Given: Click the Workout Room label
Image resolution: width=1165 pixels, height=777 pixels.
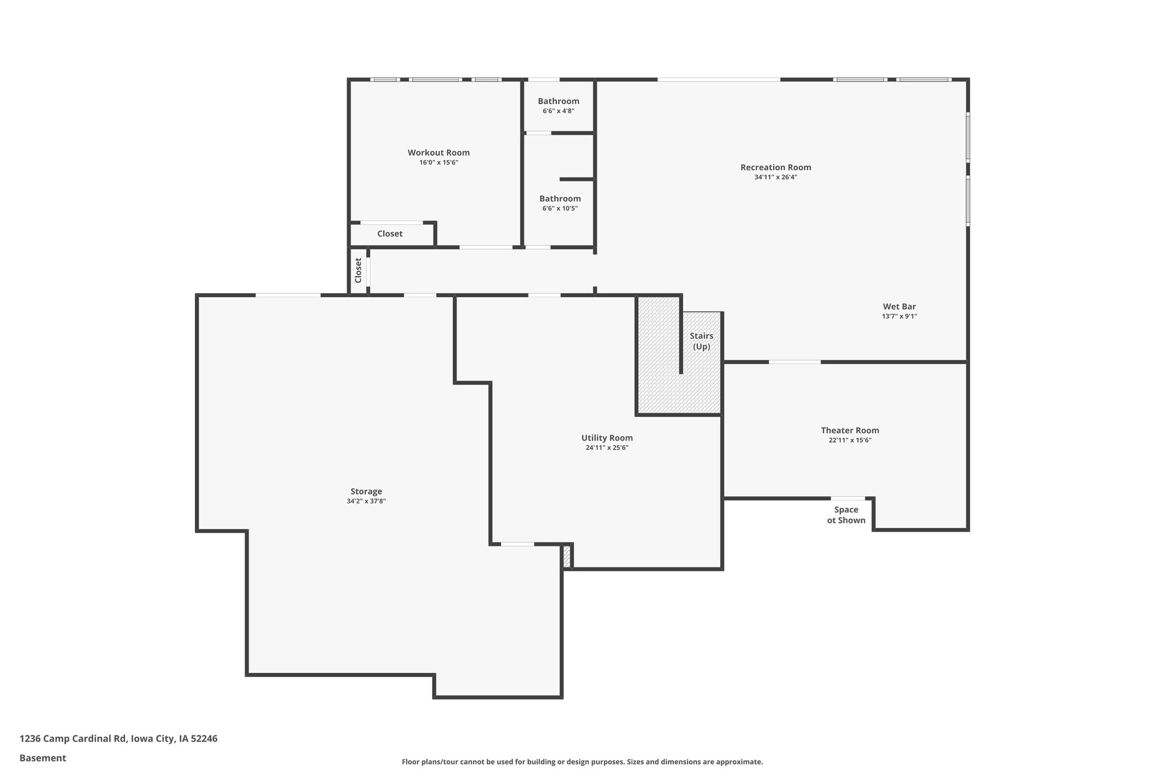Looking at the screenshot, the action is pyautogui.click(x=439, y=153).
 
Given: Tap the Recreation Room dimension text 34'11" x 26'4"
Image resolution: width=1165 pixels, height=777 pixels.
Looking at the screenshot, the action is pyautogui.click(x=775, y=177).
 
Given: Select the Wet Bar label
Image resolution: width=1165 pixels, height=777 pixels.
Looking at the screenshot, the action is pyautogui.click(x=899, y=306).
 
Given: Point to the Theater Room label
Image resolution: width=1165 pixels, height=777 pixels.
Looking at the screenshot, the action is pyautogui.click(x=850, y=430).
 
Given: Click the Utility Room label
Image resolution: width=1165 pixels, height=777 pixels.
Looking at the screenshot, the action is pyautogui.click(x=607, y=438).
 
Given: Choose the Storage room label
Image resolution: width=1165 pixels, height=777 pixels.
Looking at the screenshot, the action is pyautogui.click(x=366, y=491).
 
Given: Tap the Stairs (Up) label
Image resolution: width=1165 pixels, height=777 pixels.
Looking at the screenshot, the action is pyautogui.click(x=701, y=341).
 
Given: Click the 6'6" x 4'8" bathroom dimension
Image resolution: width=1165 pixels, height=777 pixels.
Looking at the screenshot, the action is pyautogui.click(x=559, y=111).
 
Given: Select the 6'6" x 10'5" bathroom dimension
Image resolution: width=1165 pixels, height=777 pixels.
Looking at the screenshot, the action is pyautogui.click(x=560, y=208).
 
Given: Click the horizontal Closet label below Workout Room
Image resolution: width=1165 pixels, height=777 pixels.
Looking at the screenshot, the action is pyautogui.click(x=390, y=233).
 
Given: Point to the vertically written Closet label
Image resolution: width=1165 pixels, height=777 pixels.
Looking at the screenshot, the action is pyautogui.click(x=358, y=270).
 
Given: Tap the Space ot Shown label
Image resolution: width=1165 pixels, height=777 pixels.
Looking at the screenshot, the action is pyautogui.click(x=846, y=515).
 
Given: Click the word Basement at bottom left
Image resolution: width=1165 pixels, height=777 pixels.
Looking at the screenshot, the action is pyautogui.click(x=43, y=758).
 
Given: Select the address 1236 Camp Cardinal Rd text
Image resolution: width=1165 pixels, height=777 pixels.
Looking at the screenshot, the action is pyautogui.click(x=72, y=738).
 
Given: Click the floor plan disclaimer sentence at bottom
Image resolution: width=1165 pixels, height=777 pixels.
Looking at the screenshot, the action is pyautogui.click(x=582, y=762).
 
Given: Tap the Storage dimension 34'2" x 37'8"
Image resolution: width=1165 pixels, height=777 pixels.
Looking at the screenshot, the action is pyautogui.click(x=366, y=501).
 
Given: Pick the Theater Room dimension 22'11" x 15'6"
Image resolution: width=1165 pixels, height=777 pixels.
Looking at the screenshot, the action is pyautogui.click(x=850, y=440).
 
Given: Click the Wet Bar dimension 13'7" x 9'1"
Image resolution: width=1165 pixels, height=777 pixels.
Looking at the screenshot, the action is pyautogui.click(x=899, y=316).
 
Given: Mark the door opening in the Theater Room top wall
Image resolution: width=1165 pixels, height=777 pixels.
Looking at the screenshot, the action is pyautogui.click(x=795, y=361).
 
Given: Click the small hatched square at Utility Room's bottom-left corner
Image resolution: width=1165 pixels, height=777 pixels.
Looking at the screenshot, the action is pyautogui.click(x=567, y=556).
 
